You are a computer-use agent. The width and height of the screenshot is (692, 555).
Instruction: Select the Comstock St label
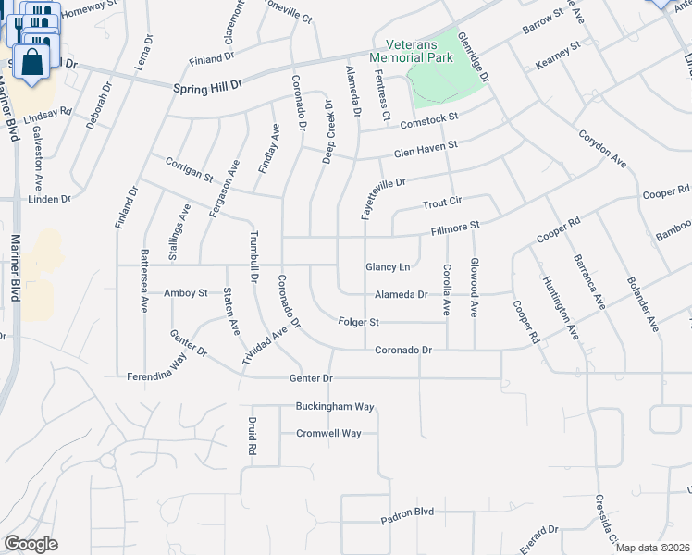[428, 119]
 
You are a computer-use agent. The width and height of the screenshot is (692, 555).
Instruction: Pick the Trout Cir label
[442, 203]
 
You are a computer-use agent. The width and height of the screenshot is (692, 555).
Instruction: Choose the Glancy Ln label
[388, 267]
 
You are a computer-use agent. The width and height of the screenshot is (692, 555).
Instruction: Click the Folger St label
[361, 323]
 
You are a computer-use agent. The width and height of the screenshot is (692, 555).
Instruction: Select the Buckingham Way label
[335, 406]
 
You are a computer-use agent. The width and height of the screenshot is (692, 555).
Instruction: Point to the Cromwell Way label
[328, 433]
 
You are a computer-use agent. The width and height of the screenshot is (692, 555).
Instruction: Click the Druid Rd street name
[251, 436]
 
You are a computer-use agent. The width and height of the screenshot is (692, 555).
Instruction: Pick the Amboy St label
[185, 293]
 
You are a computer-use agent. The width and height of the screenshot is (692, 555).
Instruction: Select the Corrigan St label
[189, 168]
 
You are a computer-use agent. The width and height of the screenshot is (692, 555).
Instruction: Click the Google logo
[31, 544]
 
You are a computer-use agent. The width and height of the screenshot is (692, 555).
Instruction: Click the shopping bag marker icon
[31, 63]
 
